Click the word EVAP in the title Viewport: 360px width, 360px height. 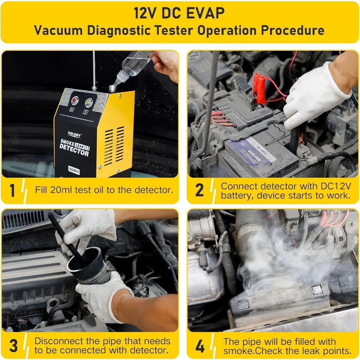tap(207, 13)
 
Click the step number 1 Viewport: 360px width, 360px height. tap(13, 190)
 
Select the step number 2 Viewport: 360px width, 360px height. tap(199, 190)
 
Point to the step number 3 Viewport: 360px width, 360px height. tap(13, 345)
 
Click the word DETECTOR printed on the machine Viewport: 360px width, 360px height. tap(74, 153)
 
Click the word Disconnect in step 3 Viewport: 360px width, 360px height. tap(57, 341)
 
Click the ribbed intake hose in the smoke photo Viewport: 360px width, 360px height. tap(252, 238)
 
